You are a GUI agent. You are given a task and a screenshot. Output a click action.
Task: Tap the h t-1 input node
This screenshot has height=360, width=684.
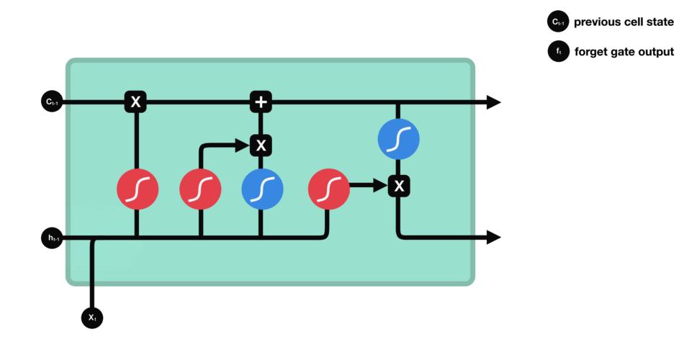point(52,238)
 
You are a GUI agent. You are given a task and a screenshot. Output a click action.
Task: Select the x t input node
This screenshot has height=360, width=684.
point(92,317)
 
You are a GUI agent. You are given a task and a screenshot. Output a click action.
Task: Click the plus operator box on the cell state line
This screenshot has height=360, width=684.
point(261,102)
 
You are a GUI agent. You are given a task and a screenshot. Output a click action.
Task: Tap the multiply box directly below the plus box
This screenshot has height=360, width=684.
point(261,145)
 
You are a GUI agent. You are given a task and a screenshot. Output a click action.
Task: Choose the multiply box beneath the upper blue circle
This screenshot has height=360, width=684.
point(399,186)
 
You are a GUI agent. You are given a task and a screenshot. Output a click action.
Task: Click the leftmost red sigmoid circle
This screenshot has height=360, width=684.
point(138,189)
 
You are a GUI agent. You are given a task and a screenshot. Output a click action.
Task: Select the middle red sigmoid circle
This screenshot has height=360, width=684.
point(200,189)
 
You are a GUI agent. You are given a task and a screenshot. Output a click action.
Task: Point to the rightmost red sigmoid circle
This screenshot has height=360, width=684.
point(329,189)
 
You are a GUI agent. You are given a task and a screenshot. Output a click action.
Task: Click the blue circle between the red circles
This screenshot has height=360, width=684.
point(262,189)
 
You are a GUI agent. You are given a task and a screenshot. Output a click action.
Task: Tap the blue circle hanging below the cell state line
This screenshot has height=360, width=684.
point(399,139)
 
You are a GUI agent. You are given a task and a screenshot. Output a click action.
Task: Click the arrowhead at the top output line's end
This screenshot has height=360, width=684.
point(493,102)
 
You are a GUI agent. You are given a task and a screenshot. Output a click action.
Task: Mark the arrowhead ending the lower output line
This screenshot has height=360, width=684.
point(493,237)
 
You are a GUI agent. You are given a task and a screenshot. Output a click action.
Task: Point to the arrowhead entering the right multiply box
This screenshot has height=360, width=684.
point(382,186)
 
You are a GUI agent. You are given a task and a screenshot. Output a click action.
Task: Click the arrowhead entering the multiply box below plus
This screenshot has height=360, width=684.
point(243,145)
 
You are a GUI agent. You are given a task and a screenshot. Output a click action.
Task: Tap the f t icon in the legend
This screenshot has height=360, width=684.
point(559,52)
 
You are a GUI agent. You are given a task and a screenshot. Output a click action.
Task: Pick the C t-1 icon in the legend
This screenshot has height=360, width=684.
point(559,22)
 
